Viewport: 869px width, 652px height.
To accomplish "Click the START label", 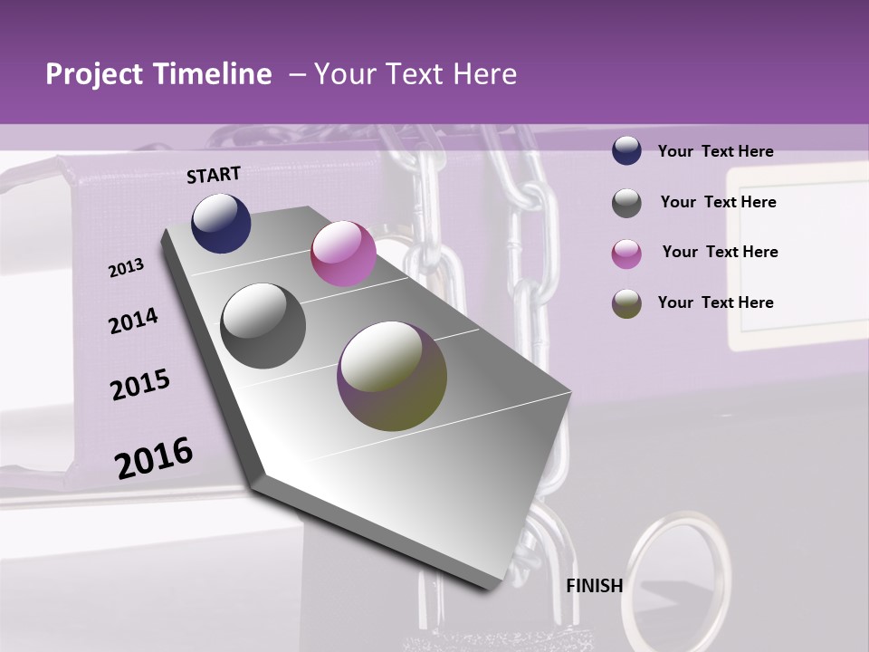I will tap(214, 175).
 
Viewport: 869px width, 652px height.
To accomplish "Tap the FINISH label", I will tap(595, 586).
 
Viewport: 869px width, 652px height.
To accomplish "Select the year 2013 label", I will tap(126, 268).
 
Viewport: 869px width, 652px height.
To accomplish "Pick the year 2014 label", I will tap(133, 321).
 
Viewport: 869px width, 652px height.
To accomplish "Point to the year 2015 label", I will tap(140, 385).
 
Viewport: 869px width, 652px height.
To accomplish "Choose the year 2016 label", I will tap(154, 457).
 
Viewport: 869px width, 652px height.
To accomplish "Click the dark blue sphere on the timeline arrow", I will tap(221, 223).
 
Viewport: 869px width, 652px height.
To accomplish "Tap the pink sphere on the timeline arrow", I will tap(343, 254).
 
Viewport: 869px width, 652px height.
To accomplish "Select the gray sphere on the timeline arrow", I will tap(263, 326).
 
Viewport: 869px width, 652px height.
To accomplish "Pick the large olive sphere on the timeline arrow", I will tap(392, 376).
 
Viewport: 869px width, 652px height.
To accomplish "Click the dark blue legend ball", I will tap(626, 150).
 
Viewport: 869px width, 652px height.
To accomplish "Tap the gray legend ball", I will tap(626, 203).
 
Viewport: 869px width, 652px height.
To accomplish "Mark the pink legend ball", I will tap(626, 254).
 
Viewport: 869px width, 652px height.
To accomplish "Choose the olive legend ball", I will tap(626, 303).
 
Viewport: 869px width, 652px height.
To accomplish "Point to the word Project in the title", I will tap(95, 74).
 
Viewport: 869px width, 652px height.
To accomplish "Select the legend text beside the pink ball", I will tap(720, 252).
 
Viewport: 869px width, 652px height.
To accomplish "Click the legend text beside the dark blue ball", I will tap(715, 151).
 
